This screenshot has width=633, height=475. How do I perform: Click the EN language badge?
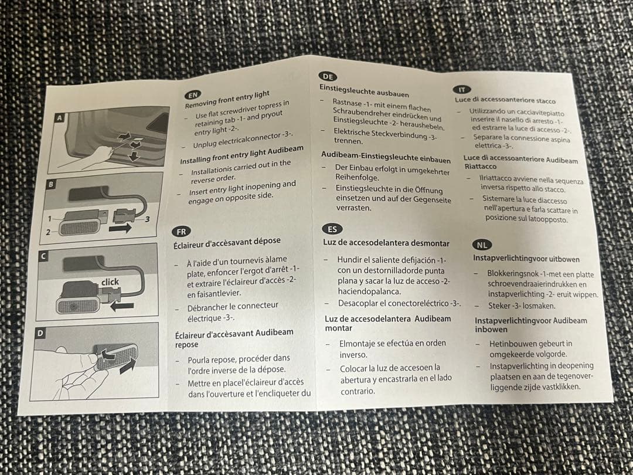pyautogui.click(x=193, y=95)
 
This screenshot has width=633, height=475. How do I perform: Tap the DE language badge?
pyautogui.click(x=328, y=76)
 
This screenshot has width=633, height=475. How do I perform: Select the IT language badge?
pyautogui.click(x=462, y=90)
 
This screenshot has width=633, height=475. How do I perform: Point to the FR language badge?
pyautogui.click(x=181, y=232)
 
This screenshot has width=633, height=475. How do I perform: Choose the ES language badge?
pyautogui.click(x=332, y=229)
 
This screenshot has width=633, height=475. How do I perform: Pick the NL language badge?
pyautogui.click(x=482, y=245)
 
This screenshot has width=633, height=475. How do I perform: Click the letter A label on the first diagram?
pyautogui.click(x=60, y=118)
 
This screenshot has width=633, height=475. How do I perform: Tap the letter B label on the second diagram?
pyautogui.click(x=51, y=185)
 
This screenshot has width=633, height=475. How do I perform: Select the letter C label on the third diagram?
pyautogui.click(x=43, y=256)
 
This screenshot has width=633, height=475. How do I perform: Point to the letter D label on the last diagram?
pyautogui.click(x=40, y=333)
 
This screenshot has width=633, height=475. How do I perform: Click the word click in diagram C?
pyautogui.click(x=110, y=282)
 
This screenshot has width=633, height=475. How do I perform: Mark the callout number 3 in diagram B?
pyautogui.click(x=147, y=219)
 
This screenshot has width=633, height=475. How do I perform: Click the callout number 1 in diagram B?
pyautogui.click(x=50, y=219)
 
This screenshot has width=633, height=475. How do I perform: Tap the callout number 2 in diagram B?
pyautogui.click(x=48, y=232)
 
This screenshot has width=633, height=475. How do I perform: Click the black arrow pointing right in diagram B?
pyautogui.click(x=120, y=228)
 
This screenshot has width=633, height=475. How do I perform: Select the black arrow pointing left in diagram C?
pyautogui.click(x=122, y=306)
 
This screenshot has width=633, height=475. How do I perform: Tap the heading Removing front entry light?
pyautogui.click(x=227, y=100)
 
